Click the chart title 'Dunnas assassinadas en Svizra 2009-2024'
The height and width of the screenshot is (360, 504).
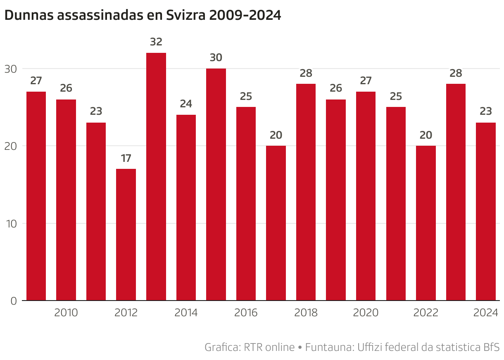143,15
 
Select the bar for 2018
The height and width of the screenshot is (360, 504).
306,192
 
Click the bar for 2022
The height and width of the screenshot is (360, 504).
426,223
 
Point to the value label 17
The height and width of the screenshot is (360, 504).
126,158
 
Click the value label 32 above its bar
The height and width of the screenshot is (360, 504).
156,42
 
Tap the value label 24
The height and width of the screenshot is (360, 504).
186,104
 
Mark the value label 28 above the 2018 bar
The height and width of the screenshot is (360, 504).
306,73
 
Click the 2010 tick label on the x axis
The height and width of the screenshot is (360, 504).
66,313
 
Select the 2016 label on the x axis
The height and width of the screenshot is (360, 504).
246,313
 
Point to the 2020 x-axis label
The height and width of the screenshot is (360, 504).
366,313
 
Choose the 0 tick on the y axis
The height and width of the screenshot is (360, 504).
13,301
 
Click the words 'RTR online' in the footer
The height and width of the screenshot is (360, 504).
269,347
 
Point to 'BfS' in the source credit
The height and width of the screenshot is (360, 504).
491,347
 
